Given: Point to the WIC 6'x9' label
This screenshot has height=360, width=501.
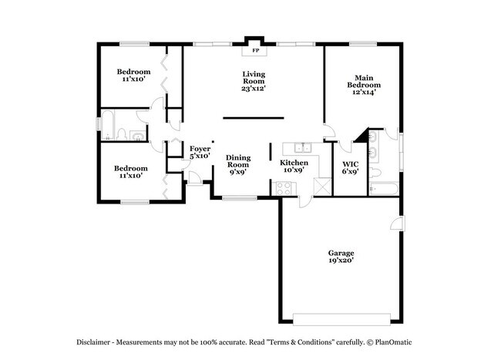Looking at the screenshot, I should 350,167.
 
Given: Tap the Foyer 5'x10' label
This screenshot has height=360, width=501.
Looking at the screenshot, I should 200,152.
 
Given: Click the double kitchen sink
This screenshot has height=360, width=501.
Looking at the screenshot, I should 297,147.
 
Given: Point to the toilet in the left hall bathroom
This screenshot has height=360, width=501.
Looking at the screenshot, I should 136,137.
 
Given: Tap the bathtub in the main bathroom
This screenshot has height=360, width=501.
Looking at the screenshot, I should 383,187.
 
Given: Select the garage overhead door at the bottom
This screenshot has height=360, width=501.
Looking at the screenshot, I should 339,318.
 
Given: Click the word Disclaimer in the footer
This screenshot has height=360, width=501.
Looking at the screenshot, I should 96,341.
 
